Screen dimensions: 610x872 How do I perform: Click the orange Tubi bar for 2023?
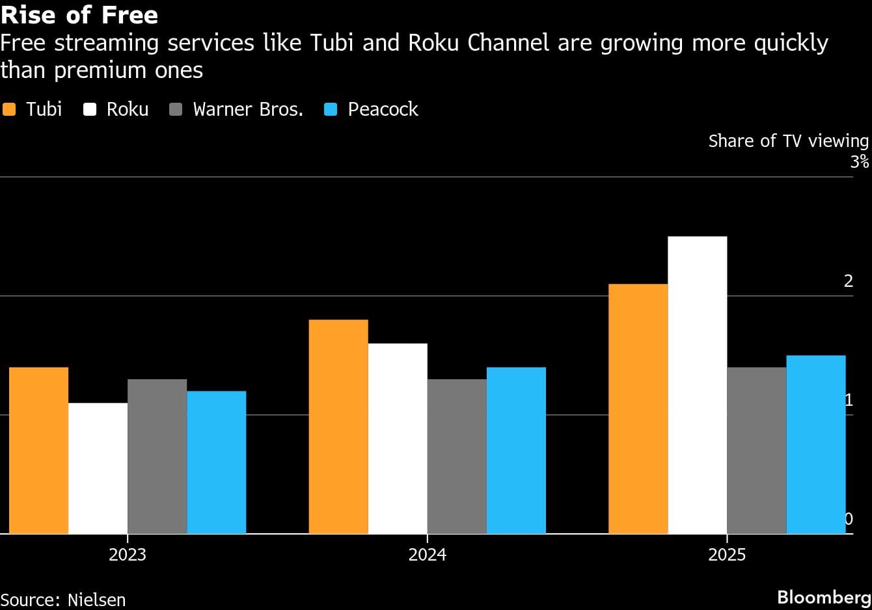(x=38, y=450)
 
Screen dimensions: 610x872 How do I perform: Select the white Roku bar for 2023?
(x=98, y=468)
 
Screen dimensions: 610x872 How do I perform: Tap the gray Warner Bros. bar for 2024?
(x=457, y=456)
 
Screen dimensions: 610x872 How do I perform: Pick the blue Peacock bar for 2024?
(x=516, y=450)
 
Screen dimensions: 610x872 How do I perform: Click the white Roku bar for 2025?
(x=697, y=385)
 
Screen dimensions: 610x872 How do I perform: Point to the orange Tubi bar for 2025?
(x=638, y=408)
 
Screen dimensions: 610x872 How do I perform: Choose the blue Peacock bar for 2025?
(x=815, y=444)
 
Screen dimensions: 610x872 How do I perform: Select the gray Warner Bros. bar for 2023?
(x=157, y=456)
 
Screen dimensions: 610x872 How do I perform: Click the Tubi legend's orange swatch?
(x=9, y=109)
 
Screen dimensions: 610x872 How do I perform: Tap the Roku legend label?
(x=128, y=109)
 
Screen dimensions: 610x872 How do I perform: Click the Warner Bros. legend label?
(x=248, y=109)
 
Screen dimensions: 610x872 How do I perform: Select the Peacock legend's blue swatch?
(x=331, y=109)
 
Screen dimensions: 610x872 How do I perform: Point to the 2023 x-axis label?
(x=128, y=555)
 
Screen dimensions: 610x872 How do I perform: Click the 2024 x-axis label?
(x=427, y=555)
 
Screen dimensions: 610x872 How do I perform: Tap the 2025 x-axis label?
(x=726, y=555)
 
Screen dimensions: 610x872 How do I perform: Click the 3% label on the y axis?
(x=859, y=161)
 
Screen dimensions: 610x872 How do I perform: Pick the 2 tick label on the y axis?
(x=848, y=281)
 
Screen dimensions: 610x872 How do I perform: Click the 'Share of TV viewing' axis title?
(x=788, y=141)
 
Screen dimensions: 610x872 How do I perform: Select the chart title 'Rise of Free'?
(x=79, y=14)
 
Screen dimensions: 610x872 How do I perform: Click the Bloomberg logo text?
(x=824, y=597)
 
